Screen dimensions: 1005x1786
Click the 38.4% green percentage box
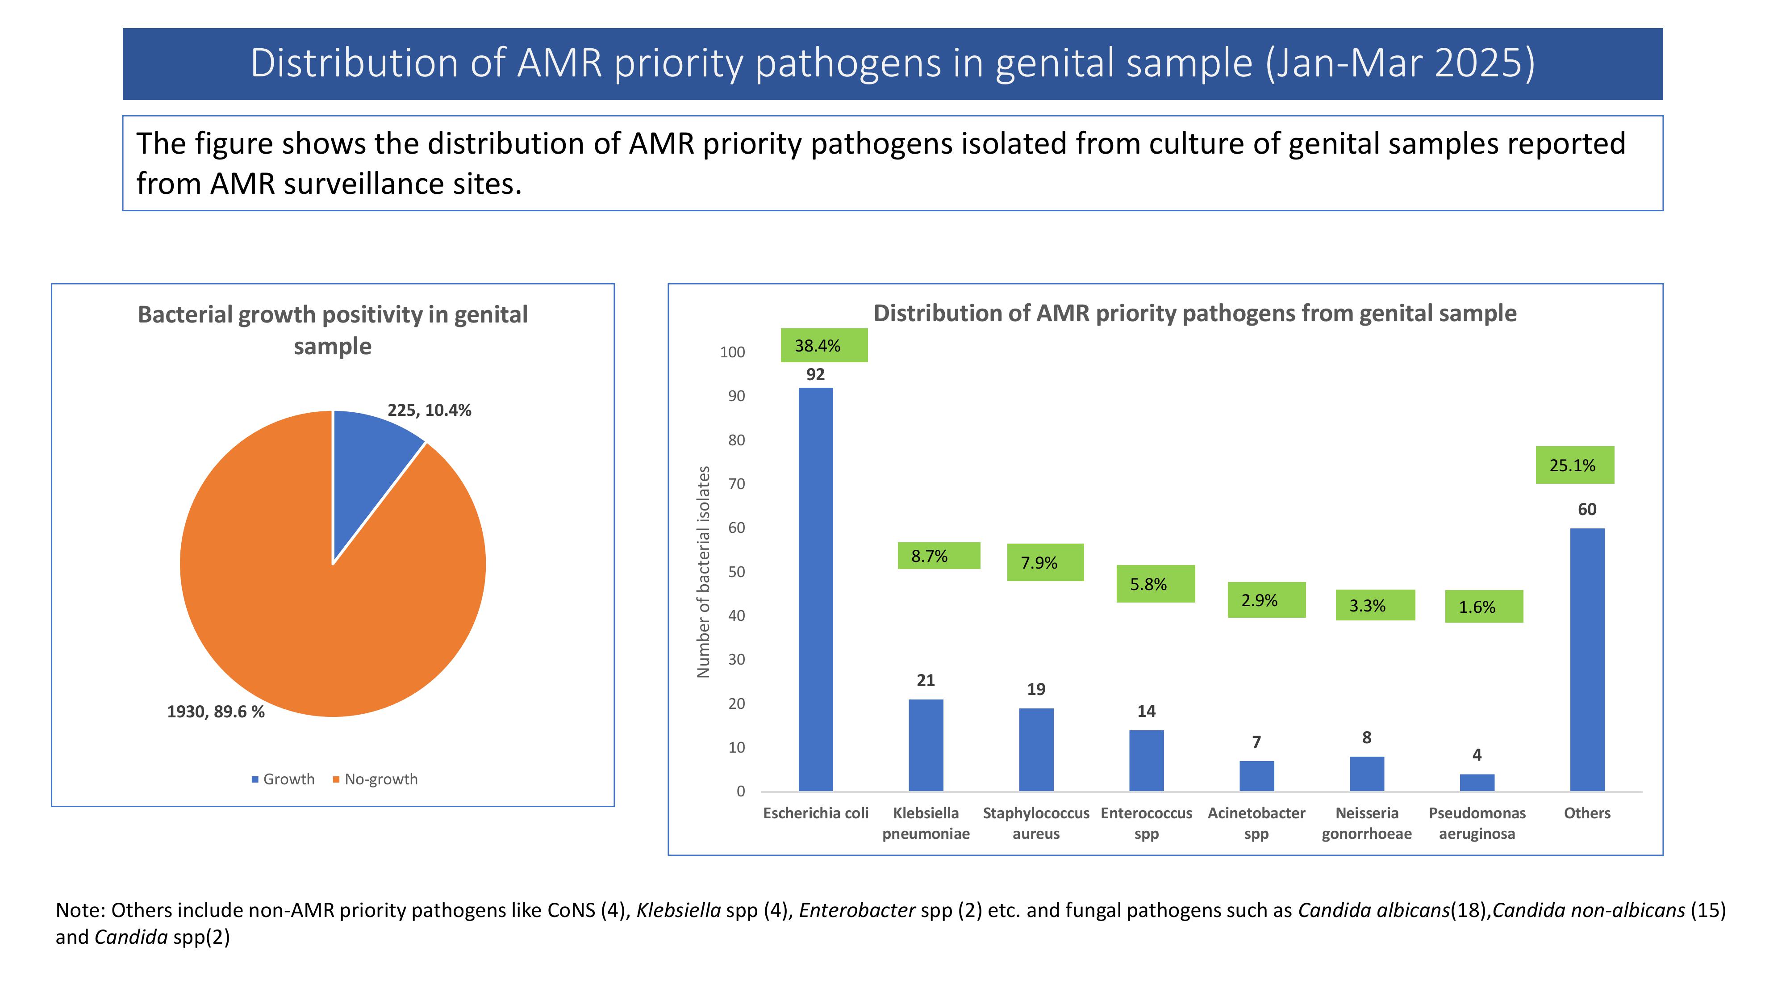(x=824, y=345)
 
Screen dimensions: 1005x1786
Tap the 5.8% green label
(x=1155, y=584)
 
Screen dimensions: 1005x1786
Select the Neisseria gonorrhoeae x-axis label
(x=1367, y=823)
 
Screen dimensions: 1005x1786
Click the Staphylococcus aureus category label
(x=1036, y=823)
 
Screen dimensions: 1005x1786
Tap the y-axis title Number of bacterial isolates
(x=703, y=572)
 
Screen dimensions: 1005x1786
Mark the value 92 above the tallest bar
(x=815, y=375)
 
